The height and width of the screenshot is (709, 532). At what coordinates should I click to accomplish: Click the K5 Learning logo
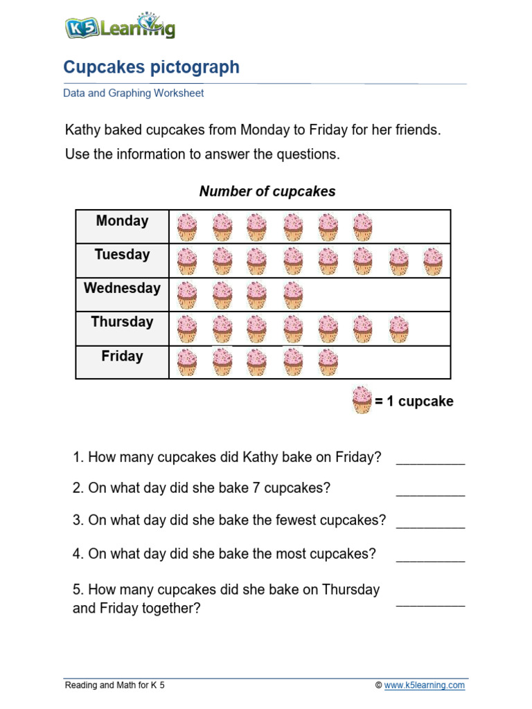tap(119, 27)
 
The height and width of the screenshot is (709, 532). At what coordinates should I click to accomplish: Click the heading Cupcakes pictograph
tap(151, 67)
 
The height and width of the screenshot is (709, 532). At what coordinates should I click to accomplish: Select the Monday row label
tap(122, 221)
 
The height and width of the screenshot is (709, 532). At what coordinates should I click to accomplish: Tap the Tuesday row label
tap(122, 255)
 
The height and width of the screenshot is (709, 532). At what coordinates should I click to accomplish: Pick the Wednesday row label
tap(122, 288)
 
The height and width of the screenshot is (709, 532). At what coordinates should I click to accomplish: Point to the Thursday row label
tap(122, 322)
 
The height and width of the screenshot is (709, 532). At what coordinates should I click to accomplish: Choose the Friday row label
tap(122, 357)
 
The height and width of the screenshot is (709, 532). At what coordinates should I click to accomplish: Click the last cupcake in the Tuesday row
tap(433, 262)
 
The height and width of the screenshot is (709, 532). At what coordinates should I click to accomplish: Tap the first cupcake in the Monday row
tap(187, 227)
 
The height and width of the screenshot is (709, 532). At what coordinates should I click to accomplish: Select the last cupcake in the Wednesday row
tap(293, 295)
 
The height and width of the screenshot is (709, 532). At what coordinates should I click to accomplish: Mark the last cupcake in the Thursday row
tap(398, 329)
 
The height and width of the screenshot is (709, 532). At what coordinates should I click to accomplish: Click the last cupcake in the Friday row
tap(328, 362)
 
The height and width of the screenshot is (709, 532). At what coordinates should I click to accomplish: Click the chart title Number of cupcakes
tap(267, 192)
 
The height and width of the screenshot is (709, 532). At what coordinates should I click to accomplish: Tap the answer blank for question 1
tap(430, 458)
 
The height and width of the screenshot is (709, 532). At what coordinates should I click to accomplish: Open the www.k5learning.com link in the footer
tap(425, 685)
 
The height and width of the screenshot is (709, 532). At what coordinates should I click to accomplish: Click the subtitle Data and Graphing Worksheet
tap(134, 93)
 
